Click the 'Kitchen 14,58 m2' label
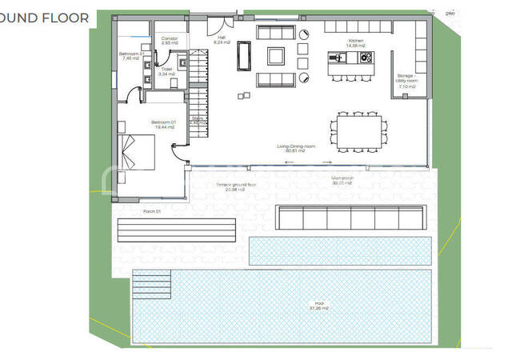point(357,43)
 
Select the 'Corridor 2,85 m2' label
point(170,41)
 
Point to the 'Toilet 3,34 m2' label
point(166,70)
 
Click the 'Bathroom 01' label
point(130,55)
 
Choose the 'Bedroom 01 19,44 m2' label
point(162,124)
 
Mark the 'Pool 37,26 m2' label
point(300,305)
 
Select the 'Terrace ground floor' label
point(236,186)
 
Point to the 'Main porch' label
point(343,180)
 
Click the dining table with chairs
point(359,130)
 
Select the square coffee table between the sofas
point(275,55)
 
